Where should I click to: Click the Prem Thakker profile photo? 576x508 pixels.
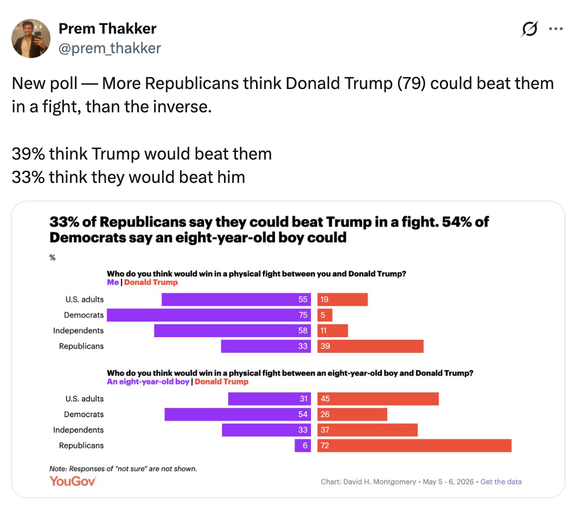point(31,39)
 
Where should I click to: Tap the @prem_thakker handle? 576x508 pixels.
point(110,48)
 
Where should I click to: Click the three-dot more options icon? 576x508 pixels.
point(556,29)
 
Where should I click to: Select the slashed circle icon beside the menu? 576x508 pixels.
point(529,29)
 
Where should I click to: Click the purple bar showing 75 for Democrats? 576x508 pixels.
point(209,315)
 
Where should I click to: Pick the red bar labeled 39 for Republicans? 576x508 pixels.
point(370,346)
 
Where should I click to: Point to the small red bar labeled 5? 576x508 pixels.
point(325,315)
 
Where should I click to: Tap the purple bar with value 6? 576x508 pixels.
point(303,446)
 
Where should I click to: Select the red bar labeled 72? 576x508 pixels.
point(414,446)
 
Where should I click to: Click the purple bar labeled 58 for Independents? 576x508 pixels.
point(233,331)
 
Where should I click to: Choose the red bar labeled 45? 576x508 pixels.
point(378,399)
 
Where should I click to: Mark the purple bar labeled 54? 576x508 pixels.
point(238,414)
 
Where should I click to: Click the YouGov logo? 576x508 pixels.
point(73,481)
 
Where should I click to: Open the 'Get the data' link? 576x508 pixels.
point(501,481)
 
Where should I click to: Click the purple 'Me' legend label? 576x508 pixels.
point(113,282)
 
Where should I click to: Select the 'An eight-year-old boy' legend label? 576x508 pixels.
point(148,382)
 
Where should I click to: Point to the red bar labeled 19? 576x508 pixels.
point(342,299)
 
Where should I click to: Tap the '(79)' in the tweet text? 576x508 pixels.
point(412,84)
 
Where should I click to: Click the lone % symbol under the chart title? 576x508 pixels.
point(53,258)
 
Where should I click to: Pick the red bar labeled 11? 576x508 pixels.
point(332,331)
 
